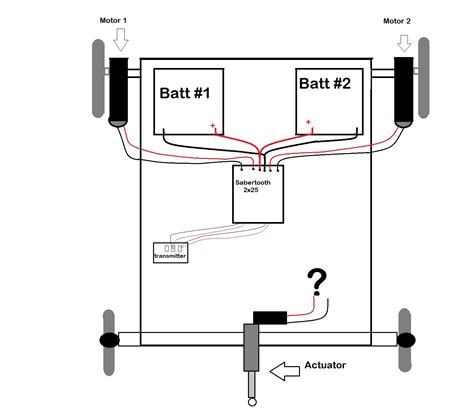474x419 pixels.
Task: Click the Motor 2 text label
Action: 400,19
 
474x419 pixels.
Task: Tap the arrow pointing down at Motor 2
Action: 405,44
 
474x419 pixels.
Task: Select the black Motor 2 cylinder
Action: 405,91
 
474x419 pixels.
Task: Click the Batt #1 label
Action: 186,93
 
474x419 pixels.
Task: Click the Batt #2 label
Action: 325,86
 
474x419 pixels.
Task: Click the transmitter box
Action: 169,251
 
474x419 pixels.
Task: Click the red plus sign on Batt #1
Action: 212,125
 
